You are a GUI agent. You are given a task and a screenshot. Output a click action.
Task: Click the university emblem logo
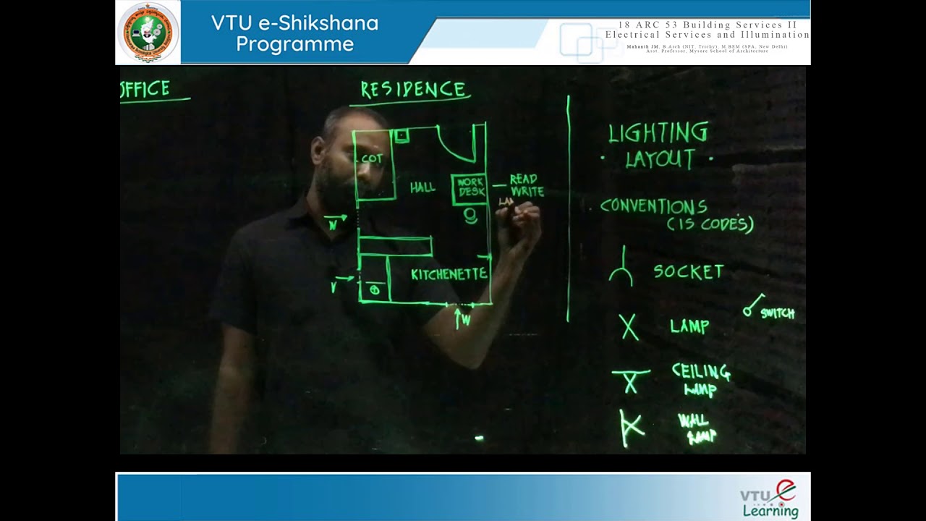pos(148,33)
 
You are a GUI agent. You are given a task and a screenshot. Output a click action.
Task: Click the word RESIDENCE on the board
pos(414,90)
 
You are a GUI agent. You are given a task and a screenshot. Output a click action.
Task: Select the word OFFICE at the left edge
pos(146,89)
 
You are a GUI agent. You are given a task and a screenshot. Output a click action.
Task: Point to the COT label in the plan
pos(372,158)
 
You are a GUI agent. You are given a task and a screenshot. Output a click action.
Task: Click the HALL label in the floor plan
pos(422,187)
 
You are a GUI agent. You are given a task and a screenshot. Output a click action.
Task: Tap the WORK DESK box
pos(470,188)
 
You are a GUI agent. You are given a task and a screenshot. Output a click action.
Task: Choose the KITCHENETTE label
pos(449,274)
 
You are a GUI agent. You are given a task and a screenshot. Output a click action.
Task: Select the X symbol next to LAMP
pos(629,327)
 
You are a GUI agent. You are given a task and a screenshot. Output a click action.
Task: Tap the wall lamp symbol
pos(631,427)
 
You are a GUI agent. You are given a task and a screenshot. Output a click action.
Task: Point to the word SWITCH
pos(778,313)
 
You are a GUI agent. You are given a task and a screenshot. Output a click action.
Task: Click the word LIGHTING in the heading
pos(658,132)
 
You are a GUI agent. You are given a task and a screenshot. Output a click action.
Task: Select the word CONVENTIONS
pos(654,206)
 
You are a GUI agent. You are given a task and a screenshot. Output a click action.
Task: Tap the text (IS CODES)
pos(710,224)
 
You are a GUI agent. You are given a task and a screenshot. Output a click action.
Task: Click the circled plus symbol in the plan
pos(374,290)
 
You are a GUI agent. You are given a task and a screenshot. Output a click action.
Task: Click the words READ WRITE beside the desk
pos(527,185)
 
